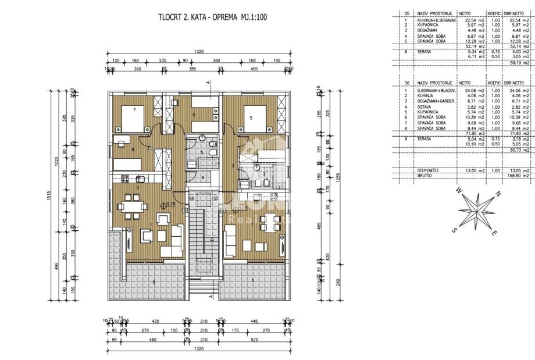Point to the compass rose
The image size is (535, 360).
click(477, 213)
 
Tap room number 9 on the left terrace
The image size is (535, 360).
click(154, 282)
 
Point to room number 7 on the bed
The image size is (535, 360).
click(134, 109)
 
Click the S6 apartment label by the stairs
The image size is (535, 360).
click(191, 198)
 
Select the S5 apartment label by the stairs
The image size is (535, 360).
click(215, 198)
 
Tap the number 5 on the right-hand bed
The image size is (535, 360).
click(251, 118)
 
